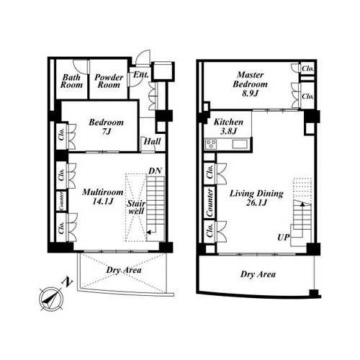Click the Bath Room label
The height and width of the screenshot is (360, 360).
(71, 81)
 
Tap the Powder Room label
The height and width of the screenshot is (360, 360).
(109, 81)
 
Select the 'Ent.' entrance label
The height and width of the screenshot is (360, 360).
(141, 75)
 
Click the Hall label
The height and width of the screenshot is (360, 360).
(152, 141)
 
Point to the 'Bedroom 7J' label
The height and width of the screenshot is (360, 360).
(106, 127)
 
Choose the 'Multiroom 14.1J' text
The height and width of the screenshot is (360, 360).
(103, 197)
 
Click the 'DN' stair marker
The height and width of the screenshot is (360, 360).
(155, 171)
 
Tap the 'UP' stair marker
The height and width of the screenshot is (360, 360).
(284, 238)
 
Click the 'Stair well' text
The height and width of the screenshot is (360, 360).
(136, 207)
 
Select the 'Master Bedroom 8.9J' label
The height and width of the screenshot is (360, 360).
(250, 84)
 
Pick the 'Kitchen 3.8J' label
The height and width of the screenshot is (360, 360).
(228, 127)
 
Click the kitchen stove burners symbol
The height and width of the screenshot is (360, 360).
(212, 144)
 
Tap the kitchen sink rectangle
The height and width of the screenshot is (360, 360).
(238, 144)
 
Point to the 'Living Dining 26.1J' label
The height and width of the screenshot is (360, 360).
(256, 198)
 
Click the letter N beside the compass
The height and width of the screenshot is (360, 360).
(68, 282)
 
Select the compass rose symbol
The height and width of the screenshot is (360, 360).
(51, 299)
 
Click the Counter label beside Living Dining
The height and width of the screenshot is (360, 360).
(210, 202)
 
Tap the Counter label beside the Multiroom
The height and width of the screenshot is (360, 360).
(62, 201)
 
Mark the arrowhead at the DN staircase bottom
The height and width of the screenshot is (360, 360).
(148, 233)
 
